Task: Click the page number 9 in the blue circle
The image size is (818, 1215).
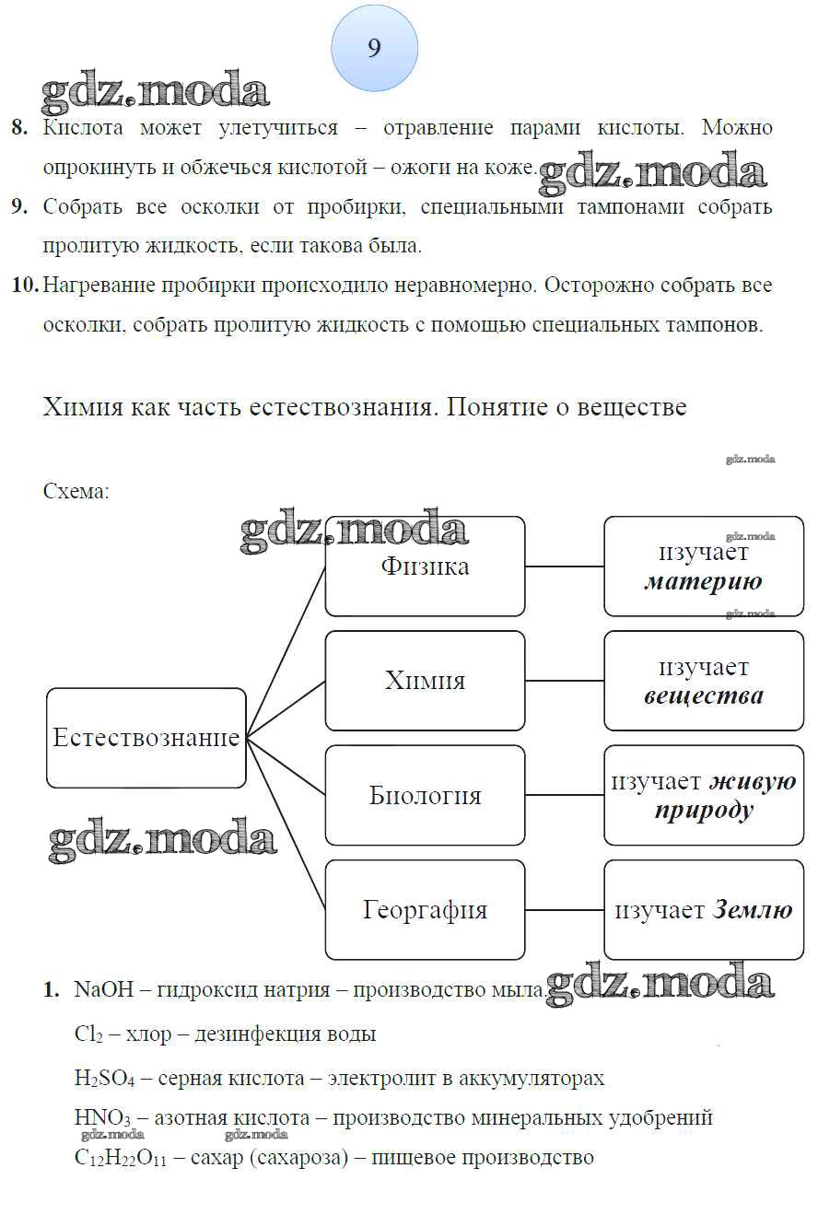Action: [374, 48]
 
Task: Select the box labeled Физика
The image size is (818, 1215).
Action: [425, 567]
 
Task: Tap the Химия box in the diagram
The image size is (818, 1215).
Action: [425, 681]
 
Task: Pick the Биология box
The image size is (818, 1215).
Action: [425, 795]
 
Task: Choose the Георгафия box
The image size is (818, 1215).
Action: [425, 910]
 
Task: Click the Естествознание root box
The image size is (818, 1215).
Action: [146, 738]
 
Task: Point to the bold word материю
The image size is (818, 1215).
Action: [703, 581]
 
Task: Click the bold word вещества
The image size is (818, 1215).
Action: [704, 695]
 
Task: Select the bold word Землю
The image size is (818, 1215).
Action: [752, 910]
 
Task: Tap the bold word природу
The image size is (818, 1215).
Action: [704, 810]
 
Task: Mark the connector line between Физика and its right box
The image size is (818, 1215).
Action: [564, 567]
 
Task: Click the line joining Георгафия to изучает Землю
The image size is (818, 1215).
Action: [564, 910]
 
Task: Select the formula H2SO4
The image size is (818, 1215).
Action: [104, 1078]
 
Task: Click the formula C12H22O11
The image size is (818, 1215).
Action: [126, 1158]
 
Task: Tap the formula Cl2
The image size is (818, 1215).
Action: [88, 1034]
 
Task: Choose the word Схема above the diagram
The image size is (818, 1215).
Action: [76, 491]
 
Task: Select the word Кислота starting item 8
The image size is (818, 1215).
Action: [83, 128]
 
